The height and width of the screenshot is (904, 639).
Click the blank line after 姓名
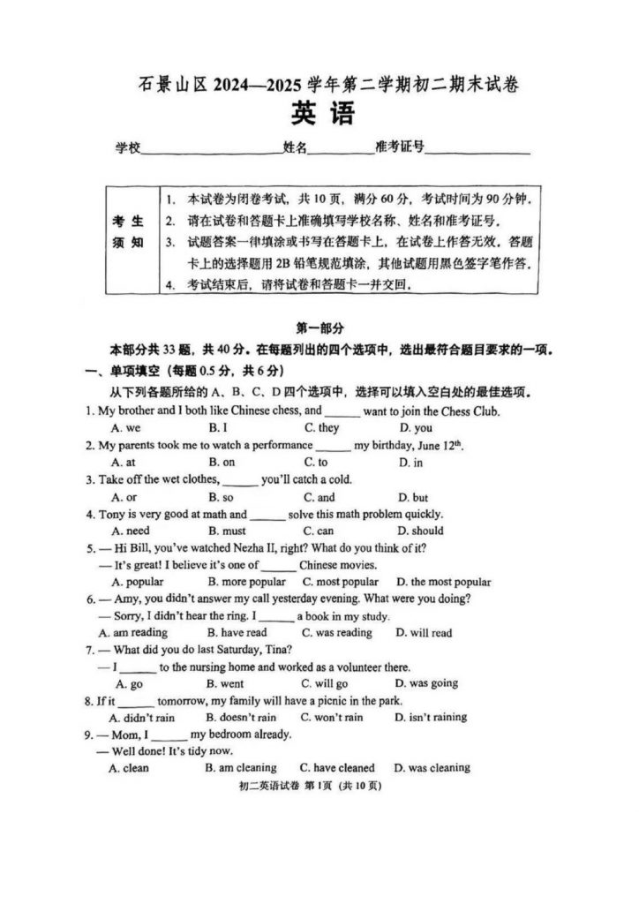click(x=340, y=150)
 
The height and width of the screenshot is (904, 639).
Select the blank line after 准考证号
click(x=477, y=150)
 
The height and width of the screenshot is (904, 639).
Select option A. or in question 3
click(x=124, y=497)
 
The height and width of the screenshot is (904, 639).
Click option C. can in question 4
click(x=318, y=531)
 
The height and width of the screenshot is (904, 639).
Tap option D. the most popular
click(x=443, y=582)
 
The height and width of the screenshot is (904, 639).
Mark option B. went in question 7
click(x=224, y=683)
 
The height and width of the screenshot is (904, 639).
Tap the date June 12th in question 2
click(x=437, y=445)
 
